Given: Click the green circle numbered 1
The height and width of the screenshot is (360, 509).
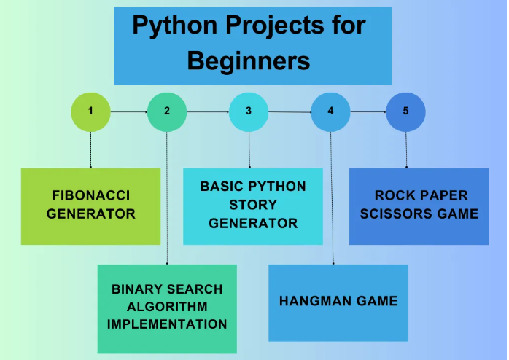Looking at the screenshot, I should click(x=90, y=111).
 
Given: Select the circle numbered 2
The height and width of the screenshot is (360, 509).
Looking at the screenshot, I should click(x=167, y=111).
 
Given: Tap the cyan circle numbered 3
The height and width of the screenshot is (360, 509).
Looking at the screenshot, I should click(x=249, y=111).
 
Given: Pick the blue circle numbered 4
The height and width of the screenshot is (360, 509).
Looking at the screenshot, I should click(x=330, y=111).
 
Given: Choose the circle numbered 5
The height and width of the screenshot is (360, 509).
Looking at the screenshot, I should click(x=405, y=111).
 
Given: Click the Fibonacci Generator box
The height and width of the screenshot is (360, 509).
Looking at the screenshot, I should click(x=90, y=206).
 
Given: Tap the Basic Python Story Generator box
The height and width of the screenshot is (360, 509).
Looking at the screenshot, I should click(x=253, y=206).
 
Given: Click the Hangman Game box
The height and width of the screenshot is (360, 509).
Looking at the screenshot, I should click(x=338, y=302).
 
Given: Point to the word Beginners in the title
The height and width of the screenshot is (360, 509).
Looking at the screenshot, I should click(x=249, y=61).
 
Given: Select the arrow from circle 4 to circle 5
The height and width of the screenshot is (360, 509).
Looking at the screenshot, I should click(x=368, y=112).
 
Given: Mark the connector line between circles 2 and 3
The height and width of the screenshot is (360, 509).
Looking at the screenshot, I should click(x=208, y=112).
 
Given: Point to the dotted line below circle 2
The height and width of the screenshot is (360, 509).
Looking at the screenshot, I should click(x=167, y=197).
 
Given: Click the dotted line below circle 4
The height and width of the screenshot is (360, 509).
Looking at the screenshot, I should click(x=332, y=197).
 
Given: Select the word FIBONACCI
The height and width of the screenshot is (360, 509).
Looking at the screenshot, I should click(x=90, y=195).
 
